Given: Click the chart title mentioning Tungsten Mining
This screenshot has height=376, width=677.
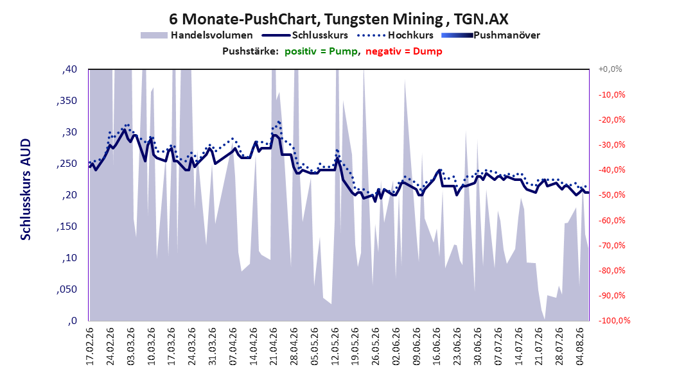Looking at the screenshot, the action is click(338, 19).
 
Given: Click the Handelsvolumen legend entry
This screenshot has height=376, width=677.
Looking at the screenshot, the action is click(197, 35).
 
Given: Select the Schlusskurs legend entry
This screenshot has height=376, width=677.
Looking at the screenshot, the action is click(305, 35).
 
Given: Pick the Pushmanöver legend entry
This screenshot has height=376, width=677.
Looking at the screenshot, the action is click(491, 35).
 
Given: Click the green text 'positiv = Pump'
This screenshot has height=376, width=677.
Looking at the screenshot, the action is click(321, 51).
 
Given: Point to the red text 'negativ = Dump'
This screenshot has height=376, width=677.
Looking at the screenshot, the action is click(404, 51).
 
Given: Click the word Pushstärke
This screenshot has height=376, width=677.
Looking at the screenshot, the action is click(251, 51).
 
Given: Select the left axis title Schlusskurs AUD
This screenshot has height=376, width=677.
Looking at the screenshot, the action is click(26, 189).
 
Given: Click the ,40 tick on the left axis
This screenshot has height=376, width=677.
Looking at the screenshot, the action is click(69, 69).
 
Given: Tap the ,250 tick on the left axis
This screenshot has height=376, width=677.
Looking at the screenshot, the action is click(67, 164).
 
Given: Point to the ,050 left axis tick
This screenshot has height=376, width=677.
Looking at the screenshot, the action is click(67, 289).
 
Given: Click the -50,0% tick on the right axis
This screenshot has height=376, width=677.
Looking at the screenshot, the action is click(611, 195).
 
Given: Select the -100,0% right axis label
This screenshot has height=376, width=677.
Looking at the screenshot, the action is click(614, 320).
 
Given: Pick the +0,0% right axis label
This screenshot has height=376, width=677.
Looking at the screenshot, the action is click(610, 69).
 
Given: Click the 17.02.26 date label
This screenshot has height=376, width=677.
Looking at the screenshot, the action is click(90, 346).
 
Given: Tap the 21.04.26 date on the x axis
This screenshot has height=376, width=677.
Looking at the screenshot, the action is click(273, 346).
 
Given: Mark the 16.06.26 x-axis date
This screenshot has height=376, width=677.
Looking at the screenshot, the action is click(437, 346).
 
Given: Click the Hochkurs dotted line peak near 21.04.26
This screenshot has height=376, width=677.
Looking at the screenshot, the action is click(279, 122).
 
